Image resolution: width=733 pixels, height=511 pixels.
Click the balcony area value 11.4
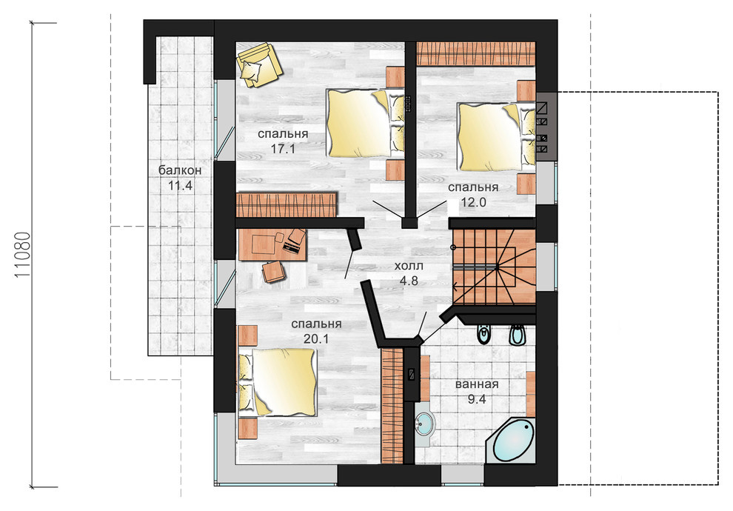pyautogui.click(x=180, y=186)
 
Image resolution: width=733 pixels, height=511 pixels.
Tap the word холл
pyautogui.click(x=409, y=266)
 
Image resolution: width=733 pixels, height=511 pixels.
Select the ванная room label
pyautogui.click(x=476, y=384)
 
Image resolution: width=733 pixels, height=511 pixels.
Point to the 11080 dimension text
pyautogui.click(x=22, y=255)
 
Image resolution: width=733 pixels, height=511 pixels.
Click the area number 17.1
pyautogui.click(x=283, y=149)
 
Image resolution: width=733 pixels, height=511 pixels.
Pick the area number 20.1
pyautogui.click(x=316, y=339)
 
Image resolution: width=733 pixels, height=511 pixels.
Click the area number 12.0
pyautogui.click(x=474, y=202)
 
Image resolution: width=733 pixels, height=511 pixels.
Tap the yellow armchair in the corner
pyautogui.click(x=258, y=64)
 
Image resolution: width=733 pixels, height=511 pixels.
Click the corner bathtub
pyautogui.click(x=510, y=441)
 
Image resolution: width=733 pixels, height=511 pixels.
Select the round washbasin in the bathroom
pyautogui.click(x=424, y=424)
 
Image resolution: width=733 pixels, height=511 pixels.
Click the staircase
pyautogui.click(x=494, y=267)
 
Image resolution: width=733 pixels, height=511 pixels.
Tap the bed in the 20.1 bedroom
pyautogui.click(x=278, y=382)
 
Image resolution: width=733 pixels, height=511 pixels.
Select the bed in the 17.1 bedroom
pyautogui.click(x=365, y=123)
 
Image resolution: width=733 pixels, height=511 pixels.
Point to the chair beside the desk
pyautogui.click(x=273, y=272)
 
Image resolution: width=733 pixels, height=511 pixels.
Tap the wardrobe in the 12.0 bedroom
pyautogui.click(x=476, y=54)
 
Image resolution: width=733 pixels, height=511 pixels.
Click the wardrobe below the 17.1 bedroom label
pyautogui.click(x=287, y=204)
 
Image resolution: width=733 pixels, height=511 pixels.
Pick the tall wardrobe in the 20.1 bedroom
pyautogui.click(x=392, y=406)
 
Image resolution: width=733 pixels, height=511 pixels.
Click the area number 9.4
pyautogui.click(x=476, y=399)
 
